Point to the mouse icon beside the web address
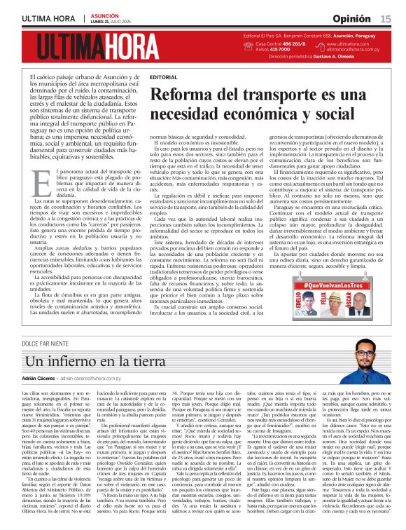321,46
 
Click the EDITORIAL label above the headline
163,76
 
